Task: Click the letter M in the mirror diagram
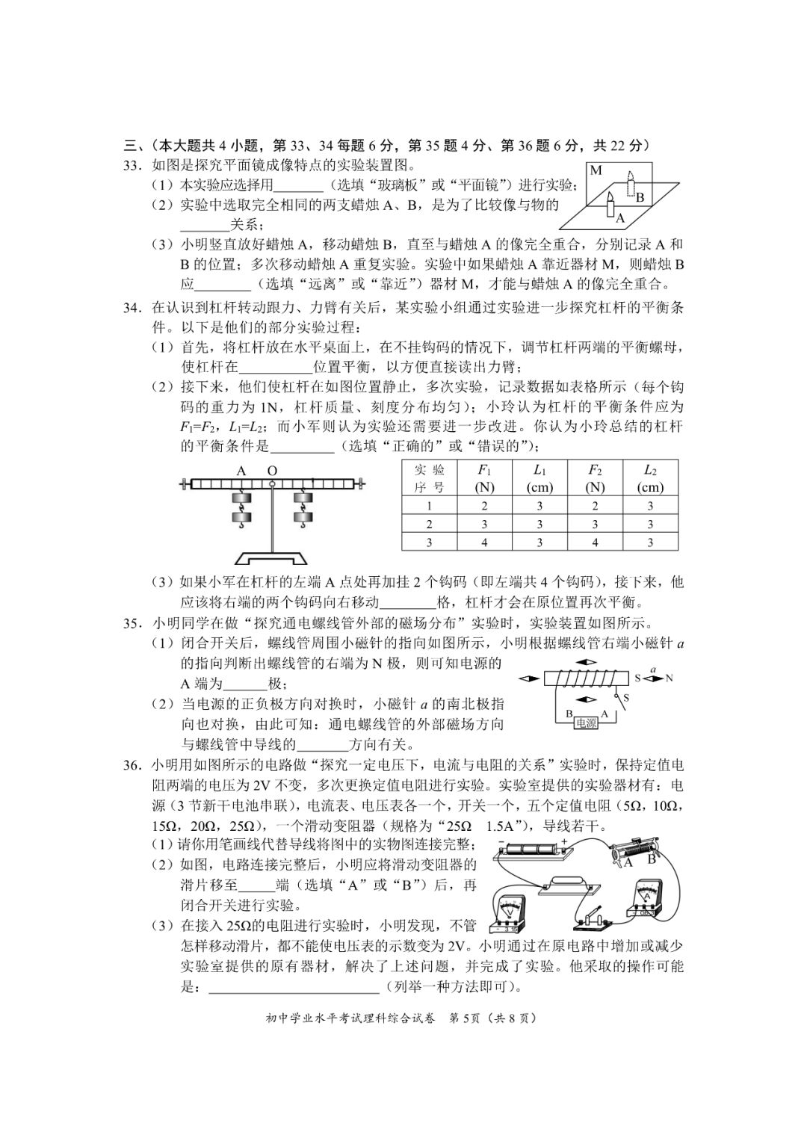[x=596, y=170]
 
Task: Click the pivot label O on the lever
[x=272, y=471]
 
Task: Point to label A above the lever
[x=241, y=471]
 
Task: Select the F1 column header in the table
[x=484, y=478]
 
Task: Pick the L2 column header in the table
[x=650, y=478]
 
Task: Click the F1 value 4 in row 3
[x=484, y=543]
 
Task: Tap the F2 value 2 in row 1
[x=595, y=506]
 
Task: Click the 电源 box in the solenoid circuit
[x=586, y=723]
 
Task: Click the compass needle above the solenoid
[x=586, y=663]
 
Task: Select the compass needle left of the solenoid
[x=529, y=678]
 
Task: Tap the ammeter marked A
[x=646, y=896]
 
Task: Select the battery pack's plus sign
[x=564, y=842]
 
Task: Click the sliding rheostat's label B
[x=651, y=859]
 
